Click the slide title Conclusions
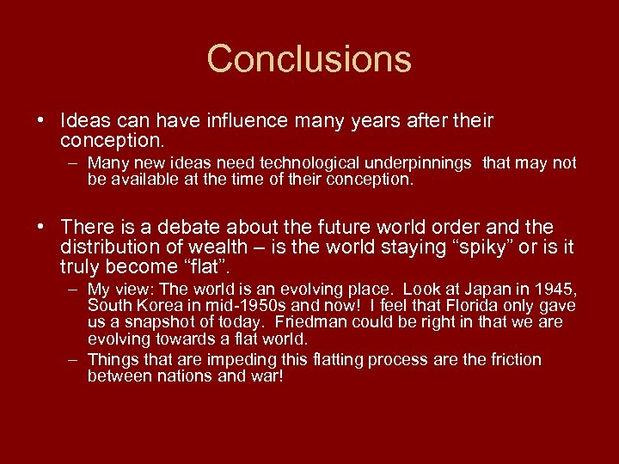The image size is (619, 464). pos(309,59)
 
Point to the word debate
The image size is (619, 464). pos(202,227)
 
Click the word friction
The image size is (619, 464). pos(513,359)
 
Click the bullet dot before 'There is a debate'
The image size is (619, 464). pos(40,227)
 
